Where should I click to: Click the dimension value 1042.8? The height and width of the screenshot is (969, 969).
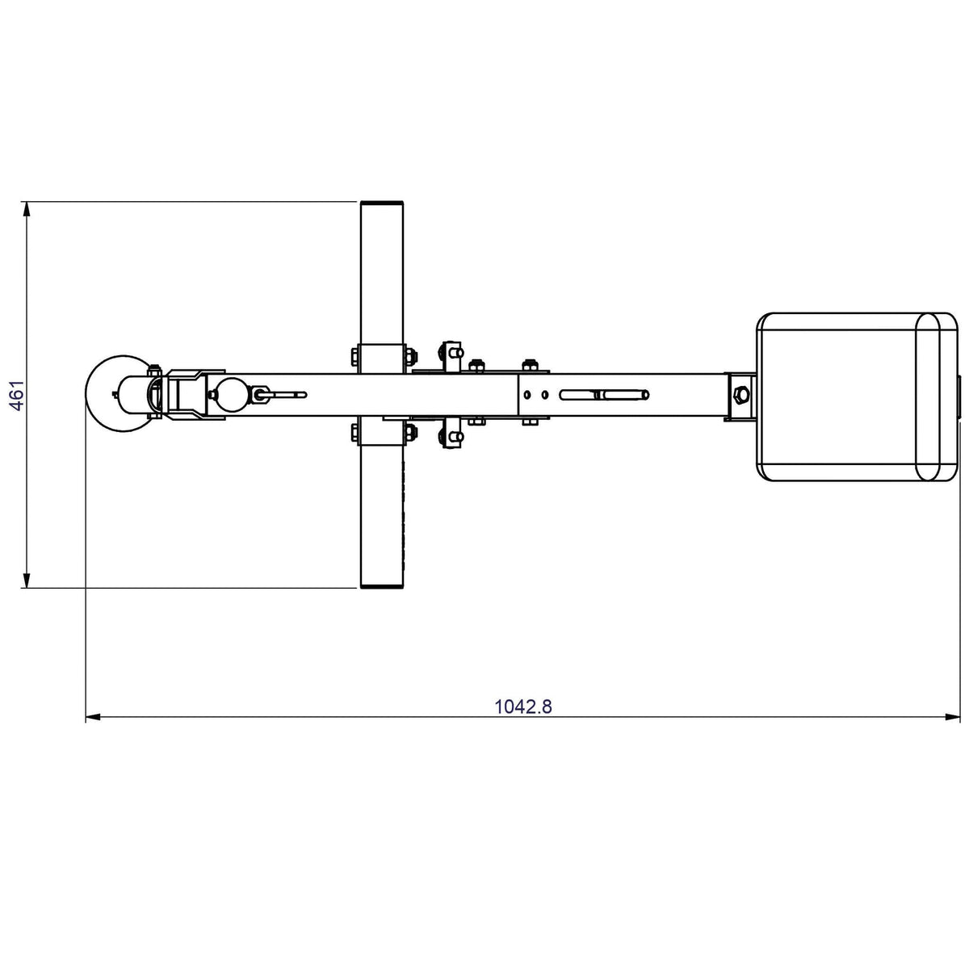(x=523, y=707)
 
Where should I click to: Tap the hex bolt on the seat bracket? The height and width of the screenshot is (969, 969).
(x=740, y=394)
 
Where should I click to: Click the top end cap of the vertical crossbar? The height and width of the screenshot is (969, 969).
(x=382, y=203)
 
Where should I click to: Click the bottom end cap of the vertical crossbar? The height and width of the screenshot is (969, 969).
(x=382, y=586)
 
